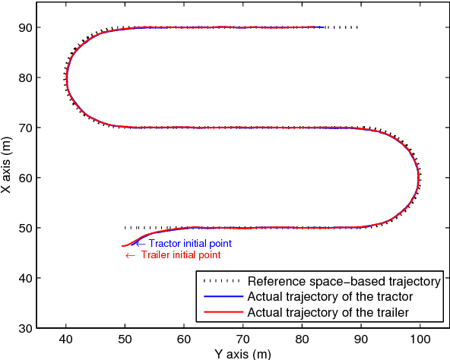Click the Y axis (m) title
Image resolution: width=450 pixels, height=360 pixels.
(242, 353)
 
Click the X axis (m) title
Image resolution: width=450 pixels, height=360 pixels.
(7, 166)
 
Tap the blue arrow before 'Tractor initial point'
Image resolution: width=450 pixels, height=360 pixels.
(139, 244)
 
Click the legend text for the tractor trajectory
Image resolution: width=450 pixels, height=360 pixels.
(330, 296)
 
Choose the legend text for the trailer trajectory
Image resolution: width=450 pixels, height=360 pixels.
(328, 311)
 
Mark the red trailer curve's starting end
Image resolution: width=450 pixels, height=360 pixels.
(122, 246)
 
